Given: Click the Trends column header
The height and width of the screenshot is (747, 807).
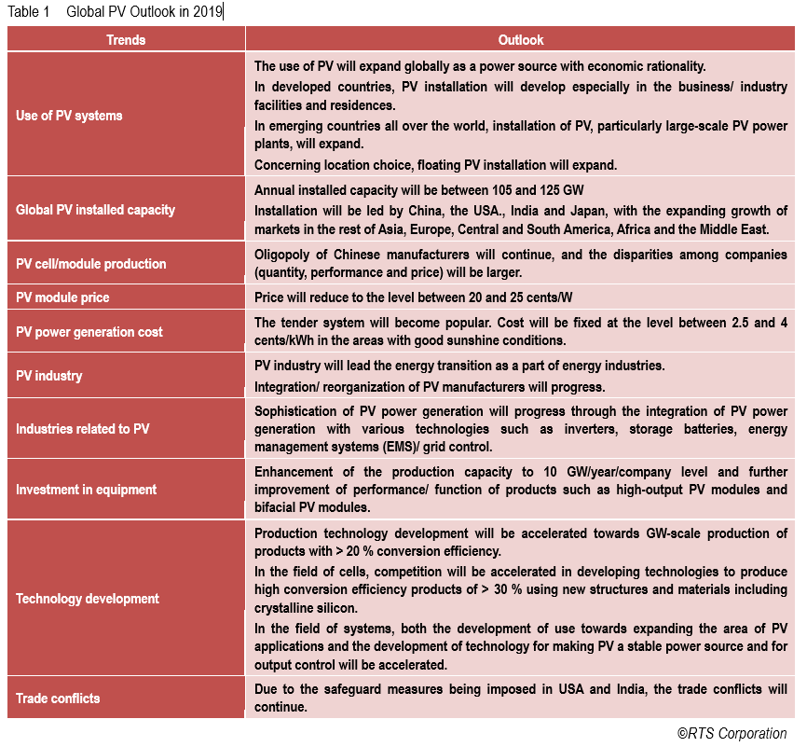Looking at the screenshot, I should tap(126, 40).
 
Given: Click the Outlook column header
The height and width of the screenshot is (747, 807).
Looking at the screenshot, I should tap(521, 40).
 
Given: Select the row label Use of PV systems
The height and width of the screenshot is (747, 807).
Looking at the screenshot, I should tap(69, 116).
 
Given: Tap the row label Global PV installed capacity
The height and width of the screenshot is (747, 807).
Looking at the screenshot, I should tap(95, 210).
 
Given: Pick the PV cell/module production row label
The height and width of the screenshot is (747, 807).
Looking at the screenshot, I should tap(91, 264).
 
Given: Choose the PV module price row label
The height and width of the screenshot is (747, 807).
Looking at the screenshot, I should tap(62, 297).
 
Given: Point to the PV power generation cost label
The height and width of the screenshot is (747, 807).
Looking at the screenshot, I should tap(89, 331).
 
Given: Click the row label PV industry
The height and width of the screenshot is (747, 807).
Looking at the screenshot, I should tap(49, 376).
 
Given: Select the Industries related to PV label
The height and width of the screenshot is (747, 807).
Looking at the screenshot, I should tap(82, 429).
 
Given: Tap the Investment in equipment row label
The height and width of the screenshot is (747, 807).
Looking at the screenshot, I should tap(87, 489).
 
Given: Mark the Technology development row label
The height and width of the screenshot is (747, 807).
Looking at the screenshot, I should tap(88, 599).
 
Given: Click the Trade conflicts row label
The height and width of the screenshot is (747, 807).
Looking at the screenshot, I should tap(58, 698).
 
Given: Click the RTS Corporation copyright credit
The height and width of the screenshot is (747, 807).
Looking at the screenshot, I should tap(732, 733).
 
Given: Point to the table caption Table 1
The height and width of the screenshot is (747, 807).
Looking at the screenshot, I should tap(29, 11).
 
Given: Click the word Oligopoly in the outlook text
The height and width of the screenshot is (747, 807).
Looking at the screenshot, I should tap(283, 256).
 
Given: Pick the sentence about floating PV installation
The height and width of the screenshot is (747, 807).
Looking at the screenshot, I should tap(436, 165).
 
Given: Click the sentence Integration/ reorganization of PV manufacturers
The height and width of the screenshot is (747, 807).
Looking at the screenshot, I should tap(430, 387).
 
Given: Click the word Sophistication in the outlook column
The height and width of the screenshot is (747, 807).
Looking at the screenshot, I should tap(297, 411).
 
